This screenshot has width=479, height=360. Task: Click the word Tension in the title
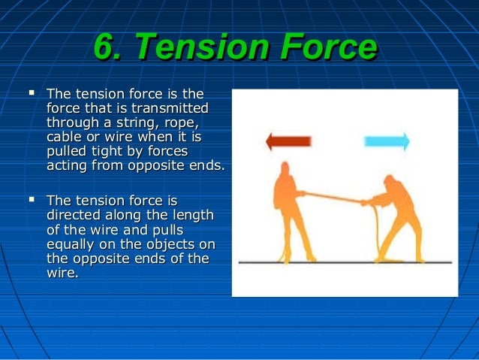point(197,50)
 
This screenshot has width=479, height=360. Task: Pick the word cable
point(65,138)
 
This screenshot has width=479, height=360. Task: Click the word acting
point(67,167)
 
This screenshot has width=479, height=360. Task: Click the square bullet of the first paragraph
point(31,95)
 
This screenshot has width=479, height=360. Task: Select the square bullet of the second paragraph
point(31,201)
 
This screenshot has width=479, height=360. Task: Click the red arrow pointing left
point(289,141)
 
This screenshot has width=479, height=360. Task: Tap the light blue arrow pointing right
point(386,141)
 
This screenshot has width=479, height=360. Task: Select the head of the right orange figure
point(390,181)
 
